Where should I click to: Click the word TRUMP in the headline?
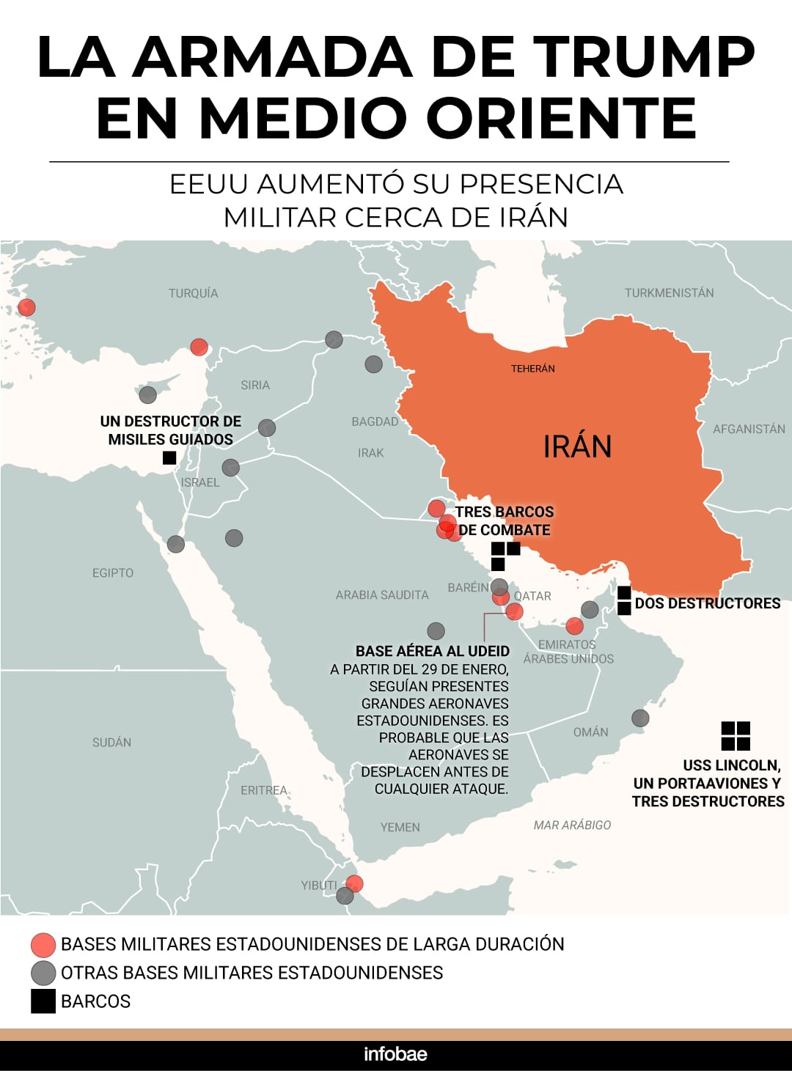coord(643,57)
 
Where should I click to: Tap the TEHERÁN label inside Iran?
coord(533,369)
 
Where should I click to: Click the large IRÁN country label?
coord(577,446)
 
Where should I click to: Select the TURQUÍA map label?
coord(194,293)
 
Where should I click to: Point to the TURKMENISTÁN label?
coord(669,292)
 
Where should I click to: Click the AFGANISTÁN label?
coord(749,429)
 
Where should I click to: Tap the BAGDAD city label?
coord(375,422)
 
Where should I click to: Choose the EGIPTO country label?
coord(113,573)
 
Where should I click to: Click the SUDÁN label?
coord(112,742)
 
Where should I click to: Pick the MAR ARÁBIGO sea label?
coord(572,825)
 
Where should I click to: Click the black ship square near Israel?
coord(169,457)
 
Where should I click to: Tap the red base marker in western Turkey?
coord(26,307)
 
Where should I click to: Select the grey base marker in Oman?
coord(640,718)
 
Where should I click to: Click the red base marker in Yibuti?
coord(354,883)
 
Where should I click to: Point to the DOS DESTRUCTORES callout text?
coord(707,603)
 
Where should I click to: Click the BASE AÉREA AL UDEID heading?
coord(432,651)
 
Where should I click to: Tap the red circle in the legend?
coord(43,945)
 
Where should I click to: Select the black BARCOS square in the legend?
coord(43,1001)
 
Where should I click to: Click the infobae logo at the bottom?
coord(395,1054)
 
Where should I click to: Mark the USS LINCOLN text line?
coord(731,765)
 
